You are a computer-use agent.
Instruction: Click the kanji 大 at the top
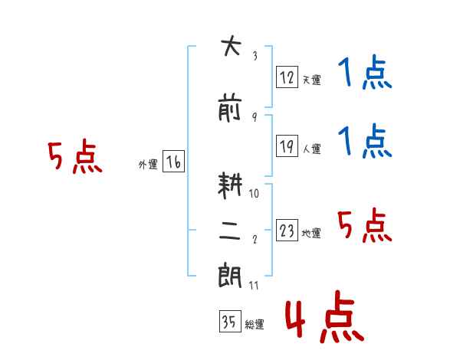pos(232,45)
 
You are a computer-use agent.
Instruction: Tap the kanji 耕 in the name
pos(230,185)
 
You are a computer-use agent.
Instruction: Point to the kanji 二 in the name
pos(230,231)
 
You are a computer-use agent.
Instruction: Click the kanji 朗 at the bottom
pos(230,276)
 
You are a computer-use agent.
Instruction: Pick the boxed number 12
pos(287,77)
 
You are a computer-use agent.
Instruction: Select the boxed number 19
pos(287,146)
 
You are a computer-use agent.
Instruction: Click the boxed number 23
pos(287,230)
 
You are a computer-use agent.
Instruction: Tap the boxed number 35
pos(230,321)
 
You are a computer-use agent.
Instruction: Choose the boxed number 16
pos(173,162)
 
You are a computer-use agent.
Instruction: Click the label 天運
pos(312,80)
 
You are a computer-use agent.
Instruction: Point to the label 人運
pos(312,149)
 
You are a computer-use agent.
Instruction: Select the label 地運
pos(311,234)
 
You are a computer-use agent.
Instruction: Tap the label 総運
pos(255,325)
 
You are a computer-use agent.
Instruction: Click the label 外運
pos(148,165)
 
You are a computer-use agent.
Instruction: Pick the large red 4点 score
pos(324,316)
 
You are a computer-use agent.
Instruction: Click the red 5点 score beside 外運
pos(75,156)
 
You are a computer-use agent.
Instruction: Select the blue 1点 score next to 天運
pos(365,72)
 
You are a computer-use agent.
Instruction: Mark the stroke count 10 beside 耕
pos(254,194)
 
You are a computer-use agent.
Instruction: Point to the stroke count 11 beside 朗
pos(254,286)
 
